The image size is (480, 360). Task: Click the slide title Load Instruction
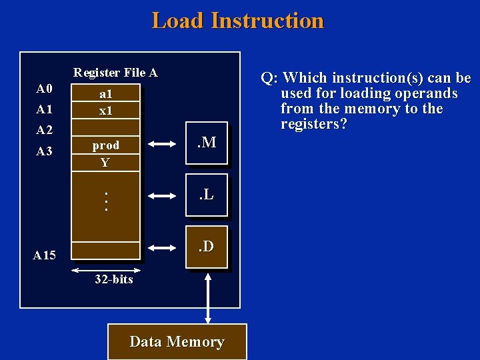pyautogui.click(x=237, y=21)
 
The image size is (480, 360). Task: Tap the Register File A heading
pyautogui.click(x=115, y=73)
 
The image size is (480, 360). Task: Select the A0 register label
pyautogui.click(x=45, y=89)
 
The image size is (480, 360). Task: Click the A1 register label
pyautogui.click(x=45, y=109)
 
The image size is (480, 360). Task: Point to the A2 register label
pyautogui.click(x=45, y=129)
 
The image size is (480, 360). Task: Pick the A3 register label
pyautogui.click(x=45, y=151)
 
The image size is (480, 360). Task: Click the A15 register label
pyautogui.click(x=45, y=255)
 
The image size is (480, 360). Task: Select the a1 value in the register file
pyautogui.click(x=105, y=95)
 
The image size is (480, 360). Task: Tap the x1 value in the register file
pyautogui.click(x=105, y=111)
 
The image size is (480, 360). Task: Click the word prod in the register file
pyautogui.click(x=106, y=145)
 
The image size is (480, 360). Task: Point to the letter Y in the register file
pyautogui.click(x=105, y=163)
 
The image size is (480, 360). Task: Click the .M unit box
pyautogui.click(x=207, y=142)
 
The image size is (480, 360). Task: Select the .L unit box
pyautogui.click(x=207, y=195)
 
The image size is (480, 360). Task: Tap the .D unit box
pyautogui.click(x=207, y=247)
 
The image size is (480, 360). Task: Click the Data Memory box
pyautogui.click(x=177, y=342)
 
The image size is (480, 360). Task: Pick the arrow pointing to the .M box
pyautogui.click(x=163, y=143)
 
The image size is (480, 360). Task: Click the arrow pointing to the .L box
pyautogui.click(x=163, y=195)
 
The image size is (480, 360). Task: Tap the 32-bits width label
pyautogui.click(x=113, y=279)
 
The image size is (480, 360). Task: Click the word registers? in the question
pyautogui.click(x=313, y=125)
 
